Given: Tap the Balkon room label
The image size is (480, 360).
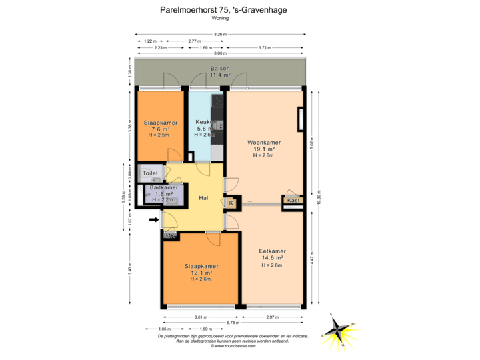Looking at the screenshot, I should [x=220, y=69].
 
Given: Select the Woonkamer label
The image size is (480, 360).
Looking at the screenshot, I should [x=263, y=143].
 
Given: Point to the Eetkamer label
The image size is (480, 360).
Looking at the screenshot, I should [x=271, y=251].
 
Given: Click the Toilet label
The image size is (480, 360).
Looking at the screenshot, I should [x=151, y=173].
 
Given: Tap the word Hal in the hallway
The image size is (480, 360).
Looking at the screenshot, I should [x=204, y=198].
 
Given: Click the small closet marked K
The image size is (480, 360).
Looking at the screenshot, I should [x=231, y=203].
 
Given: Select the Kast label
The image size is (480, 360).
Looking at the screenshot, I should [x=293, y=200].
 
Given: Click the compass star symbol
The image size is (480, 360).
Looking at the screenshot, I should [x=339, y=331].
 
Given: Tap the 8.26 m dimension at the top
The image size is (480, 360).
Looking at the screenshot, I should [x=220, y=34].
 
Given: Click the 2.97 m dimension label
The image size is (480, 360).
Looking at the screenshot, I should [x=271, y=317].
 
